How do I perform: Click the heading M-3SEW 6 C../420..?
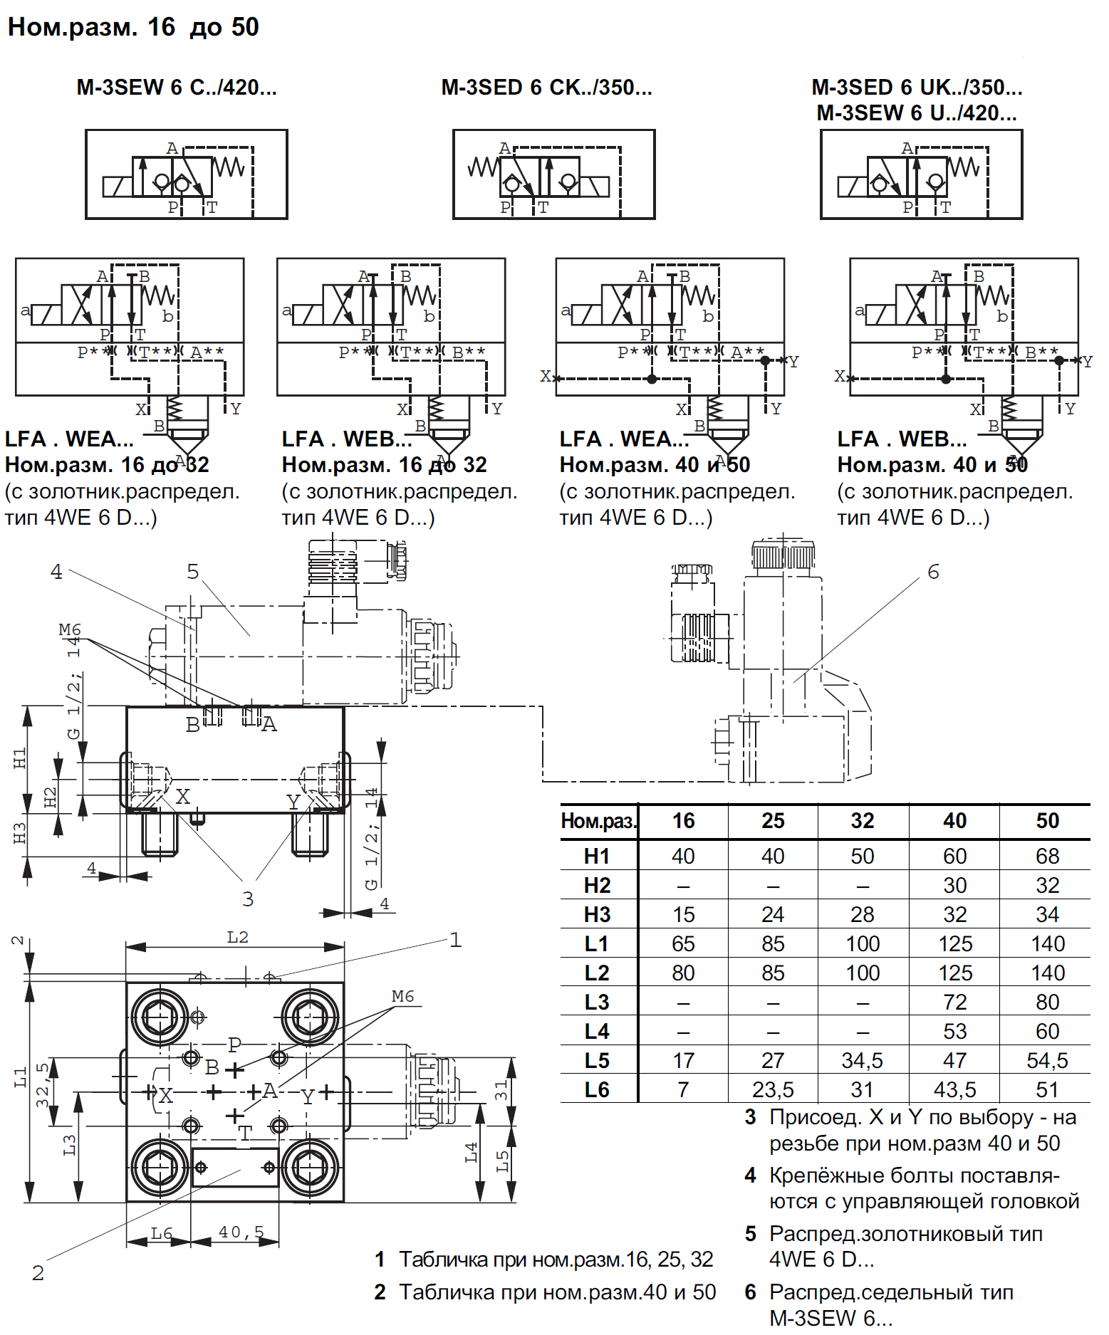177,88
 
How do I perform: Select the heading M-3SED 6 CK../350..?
546,88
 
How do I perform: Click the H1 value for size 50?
1046,856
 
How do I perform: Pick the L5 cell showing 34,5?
862,1060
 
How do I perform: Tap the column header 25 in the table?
772,821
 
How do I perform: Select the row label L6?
597,1089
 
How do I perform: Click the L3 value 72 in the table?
954,1002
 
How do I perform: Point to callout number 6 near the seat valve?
933,572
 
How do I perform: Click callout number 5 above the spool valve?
192,572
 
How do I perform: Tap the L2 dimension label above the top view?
237,937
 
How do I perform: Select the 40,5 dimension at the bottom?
241,1232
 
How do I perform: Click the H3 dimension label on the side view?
20,832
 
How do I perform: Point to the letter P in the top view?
234,1045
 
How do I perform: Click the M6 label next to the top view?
402,996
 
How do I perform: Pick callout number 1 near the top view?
455,940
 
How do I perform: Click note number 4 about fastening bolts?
750,1176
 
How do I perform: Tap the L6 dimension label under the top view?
161,1233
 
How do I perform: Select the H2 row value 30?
954,885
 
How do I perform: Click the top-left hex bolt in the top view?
160,1017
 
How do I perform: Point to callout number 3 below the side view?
247,899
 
